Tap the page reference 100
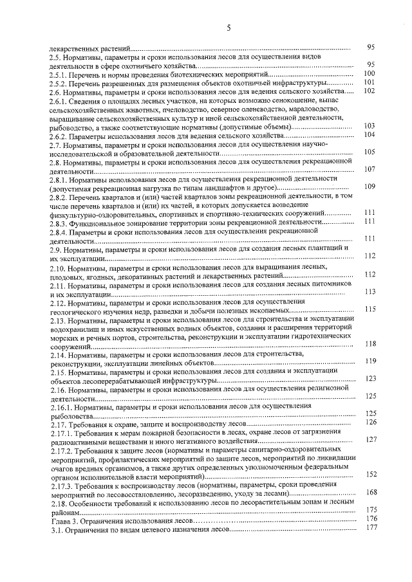370,73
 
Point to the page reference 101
370,82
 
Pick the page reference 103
370,126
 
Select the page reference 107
370,170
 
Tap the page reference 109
370,186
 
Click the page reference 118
370,344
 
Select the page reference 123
370,379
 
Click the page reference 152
370,475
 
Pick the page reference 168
370,492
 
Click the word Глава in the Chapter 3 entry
61,520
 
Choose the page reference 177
370,527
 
